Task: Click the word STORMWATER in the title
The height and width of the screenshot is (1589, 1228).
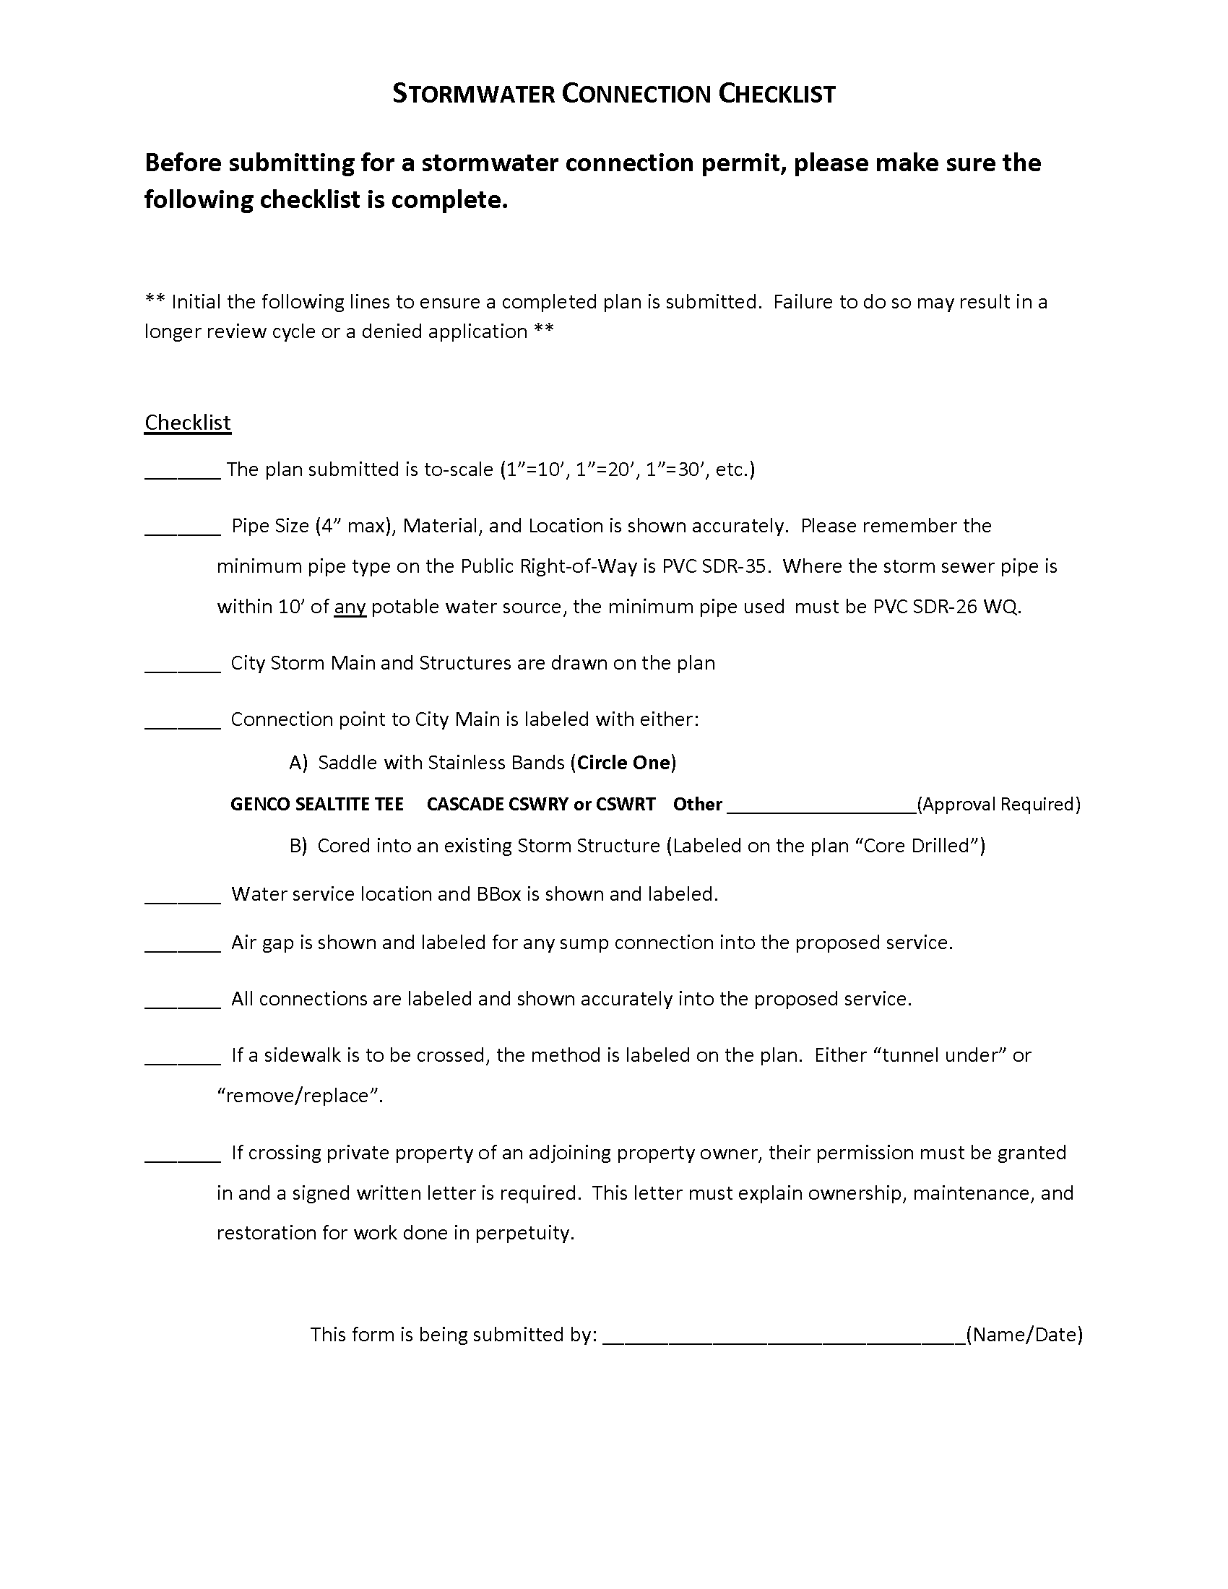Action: [x=473, y=94]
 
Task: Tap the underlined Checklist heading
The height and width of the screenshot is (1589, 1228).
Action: [x=188, y=423]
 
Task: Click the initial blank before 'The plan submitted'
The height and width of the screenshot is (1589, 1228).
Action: [x=183, y=472]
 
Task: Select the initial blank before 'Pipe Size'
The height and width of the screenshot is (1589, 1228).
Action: [x=183, y=528]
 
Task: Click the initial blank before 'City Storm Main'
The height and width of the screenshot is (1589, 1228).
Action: [x=183, y=665]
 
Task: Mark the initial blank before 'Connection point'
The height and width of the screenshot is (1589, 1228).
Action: [x=183, y=722]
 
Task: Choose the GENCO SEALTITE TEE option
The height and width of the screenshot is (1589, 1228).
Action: [x=316, y=804]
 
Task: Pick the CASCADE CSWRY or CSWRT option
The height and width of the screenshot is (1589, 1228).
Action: [x=540, y=804]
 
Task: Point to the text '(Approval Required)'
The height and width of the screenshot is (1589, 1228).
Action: [x=999, y=804]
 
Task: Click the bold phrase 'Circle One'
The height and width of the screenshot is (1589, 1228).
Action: [x=623, y=763]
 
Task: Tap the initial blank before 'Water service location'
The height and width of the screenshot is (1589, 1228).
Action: [x=183, y=896]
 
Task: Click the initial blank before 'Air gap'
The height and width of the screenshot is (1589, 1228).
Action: [x=183, y=945]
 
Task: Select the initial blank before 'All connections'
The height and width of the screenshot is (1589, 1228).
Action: [x=183, y=1001]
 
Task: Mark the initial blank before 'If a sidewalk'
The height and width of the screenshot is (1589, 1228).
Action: [x=183, y=1058]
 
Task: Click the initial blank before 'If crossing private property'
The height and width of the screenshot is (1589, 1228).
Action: [x=183, y=1156]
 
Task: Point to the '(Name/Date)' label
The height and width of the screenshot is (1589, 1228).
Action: [x=1024, y=1334]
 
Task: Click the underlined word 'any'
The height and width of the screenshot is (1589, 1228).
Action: [x=349, y=607]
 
